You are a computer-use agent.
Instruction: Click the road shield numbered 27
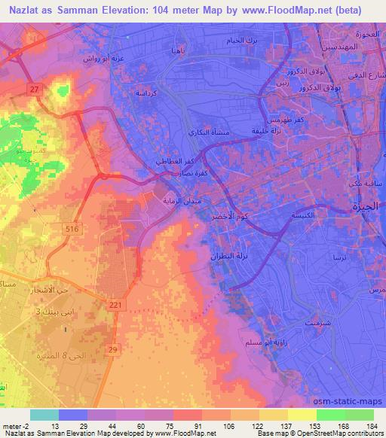pyautogui.click(x=35, y=89)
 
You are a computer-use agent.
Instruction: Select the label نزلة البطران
pyautogui.click(x=226, y=256)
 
